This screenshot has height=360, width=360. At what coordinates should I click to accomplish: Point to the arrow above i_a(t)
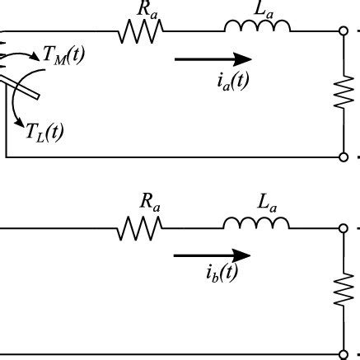[x=213, y=58]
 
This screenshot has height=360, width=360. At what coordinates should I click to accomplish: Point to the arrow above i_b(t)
[x=212, y=255]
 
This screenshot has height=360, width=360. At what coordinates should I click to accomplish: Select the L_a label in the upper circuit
[x=266, y=10]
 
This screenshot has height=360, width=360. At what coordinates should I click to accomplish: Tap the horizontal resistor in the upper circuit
[x=142, y=32]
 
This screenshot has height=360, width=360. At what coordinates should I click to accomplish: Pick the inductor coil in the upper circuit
[x=257, y=28]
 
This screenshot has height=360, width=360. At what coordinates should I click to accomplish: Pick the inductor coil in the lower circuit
[x=255, y=224]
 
